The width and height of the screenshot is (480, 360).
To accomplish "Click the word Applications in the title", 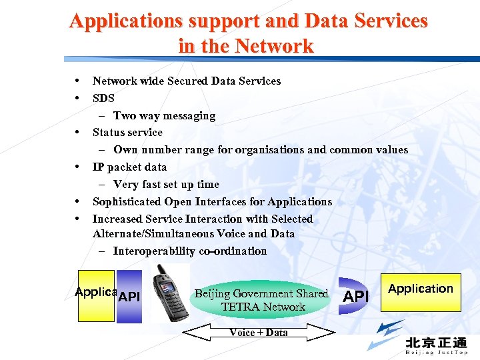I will (125, 21).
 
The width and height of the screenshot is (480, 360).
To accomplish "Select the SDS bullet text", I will (103, 98).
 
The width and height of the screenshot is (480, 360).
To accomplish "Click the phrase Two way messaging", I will (164, 115).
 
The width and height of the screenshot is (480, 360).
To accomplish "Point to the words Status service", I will (127, 132).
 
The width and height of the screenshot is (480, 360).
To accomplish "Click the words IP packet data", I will (129, 167).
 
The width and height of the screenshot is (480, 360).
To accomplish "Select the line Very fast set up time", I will (166, 184).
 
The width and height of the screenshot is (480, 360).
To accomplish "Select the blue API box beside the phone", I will (129, 297).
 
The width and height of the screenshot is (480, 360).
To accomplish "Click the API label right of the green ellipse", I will (355, 296).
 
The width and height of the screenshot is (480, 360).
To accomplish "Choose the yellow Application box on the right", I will (421, 292).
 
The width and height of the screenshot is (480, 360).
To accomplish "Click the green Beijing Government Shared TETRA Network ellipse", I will (261, 300).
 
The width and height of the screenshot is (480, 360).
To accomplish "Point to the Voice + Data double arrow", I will (258, 332).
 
